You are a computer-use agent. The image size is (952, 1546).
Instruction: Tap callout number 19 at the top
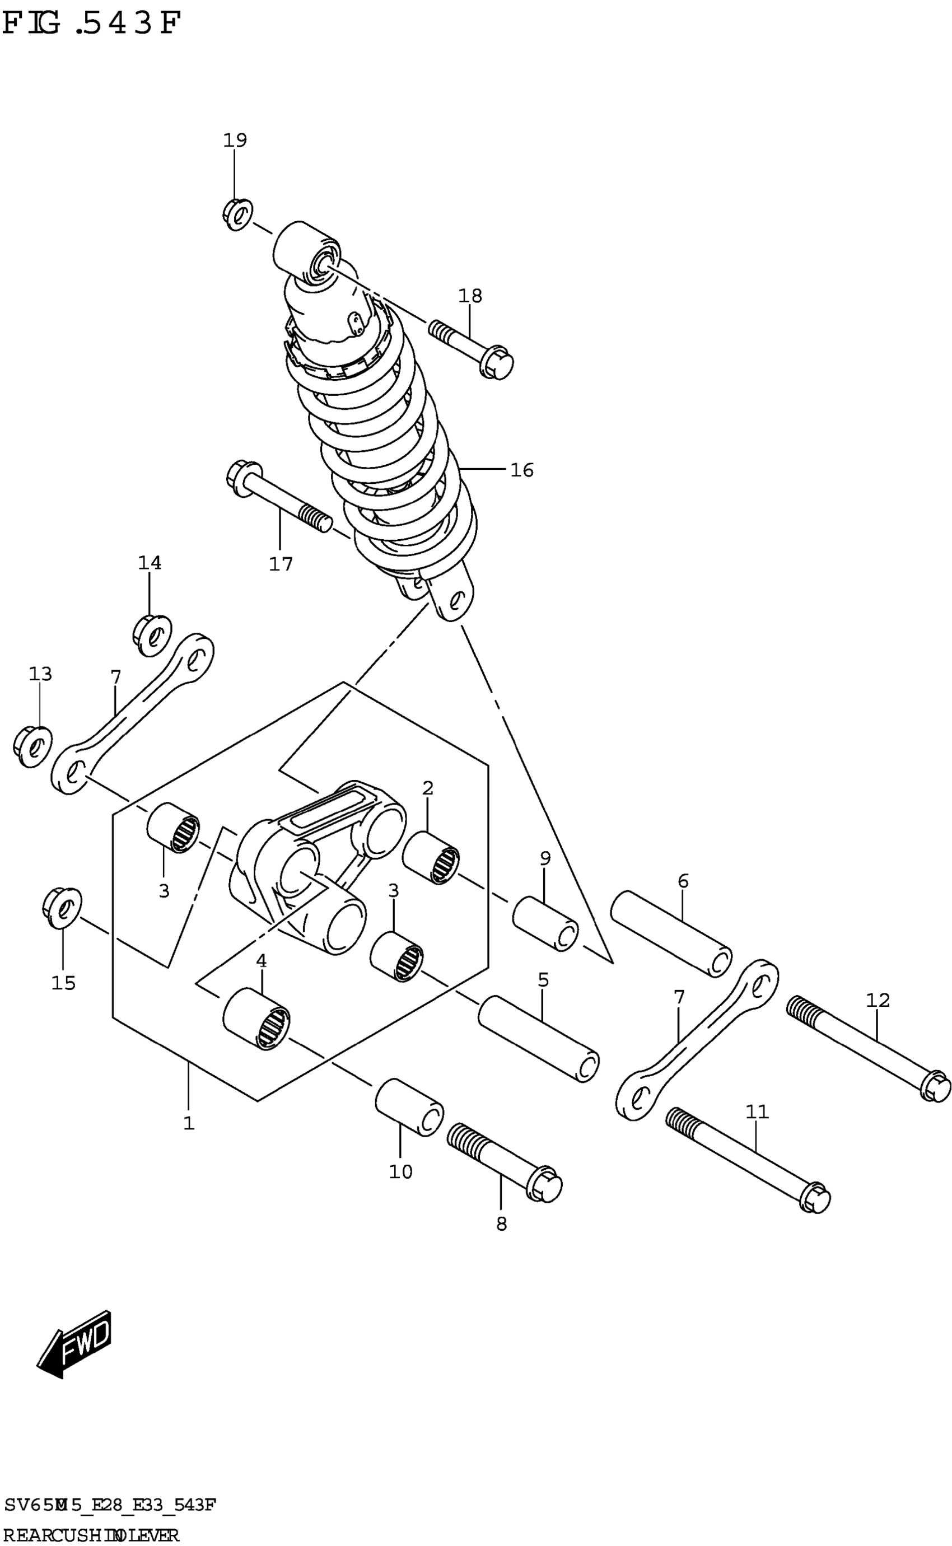pos(235,140)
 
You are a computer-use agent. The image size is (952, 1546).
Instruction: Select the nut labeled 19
pos(237,214)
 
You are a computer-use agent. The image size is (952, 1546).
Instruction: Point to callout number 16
pos(522,470)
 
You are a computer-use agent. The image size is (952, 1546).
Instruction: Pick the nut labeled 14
pos(152,635)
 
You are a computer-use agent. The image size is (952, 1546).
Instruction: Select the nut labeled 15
pos(62,907)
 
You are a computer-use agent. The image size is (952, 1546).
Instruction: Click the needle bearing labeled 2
pos(431,856)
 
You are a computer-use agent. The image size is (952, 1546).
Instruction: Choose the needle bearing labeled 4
pos(256,1019)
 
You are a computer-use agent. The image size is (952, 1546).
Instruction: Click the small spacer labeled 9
pos(545,924)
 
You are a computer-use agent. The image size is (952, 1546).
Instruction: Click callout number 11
pos(758,1111)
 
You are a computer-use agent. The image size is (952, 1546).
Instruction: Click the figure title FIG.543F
pos(91,24)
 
